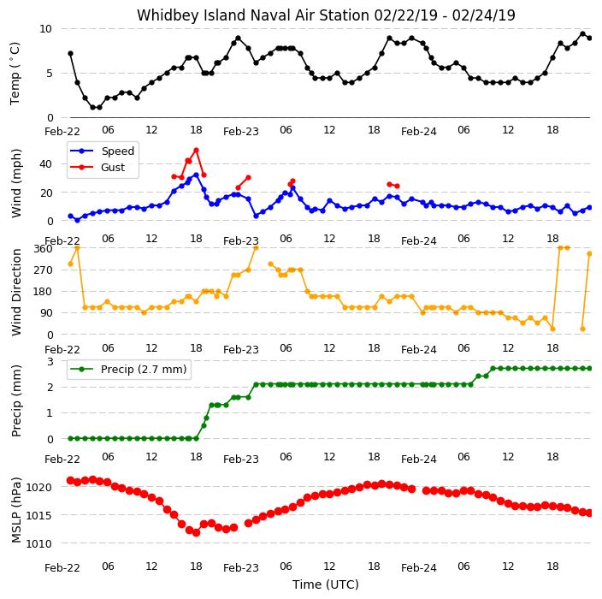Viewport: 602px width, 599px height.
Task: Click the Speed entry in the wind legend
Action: (x=102, y=151)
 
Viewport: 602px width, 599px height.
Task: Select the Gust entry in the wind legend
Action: (x=97, y=167)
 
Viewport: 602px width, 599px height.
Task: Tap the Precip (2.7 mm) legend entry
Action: (x=129, y=369)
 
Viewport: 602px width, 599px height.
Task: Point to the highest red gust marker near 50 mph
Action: (x=196, y=151)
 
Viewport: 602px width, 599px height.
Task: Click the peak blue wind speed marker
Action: (x=196, y=175)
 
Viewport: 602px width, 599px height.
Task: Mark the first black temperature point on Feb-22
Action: (x=70, y=53)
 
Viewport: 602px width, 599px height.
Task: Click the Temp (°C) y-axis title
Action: (x=15, y=74)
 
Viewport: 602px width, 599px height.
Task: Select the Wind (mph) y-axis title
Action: (x=16, y=183)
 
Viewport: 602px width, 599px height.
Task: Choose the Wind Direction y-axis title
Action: (x=16, y=293)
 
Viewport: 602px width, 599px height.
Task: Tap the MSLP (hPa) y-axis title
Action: (x=16, y=510)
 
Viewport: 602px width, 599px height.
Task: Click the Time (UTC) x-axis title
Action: (x=326, y=584)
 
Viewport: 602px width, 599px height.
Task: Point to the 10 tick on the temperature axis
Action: (x=45, y=29)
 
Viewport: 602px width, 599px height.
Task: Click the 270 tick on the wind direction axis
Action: (x=43, y=270)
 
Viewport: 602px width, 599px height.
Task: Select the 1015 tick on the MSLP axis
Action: (x=38, y=515)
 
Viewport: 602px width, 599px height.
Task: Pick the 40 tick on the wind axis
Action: (x=45, y=164)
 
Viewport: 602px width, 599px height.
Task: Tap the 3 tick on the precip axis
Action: (x=50, y=362)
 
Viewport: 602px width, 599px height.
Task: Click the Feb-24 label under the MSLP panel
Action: (x=419, y=568)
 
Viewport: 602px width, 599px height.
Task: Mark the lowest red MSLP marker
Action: (x=196, y=532)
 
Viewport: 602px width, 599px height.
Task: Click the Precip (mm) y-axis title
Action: (x=16, y=400)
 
